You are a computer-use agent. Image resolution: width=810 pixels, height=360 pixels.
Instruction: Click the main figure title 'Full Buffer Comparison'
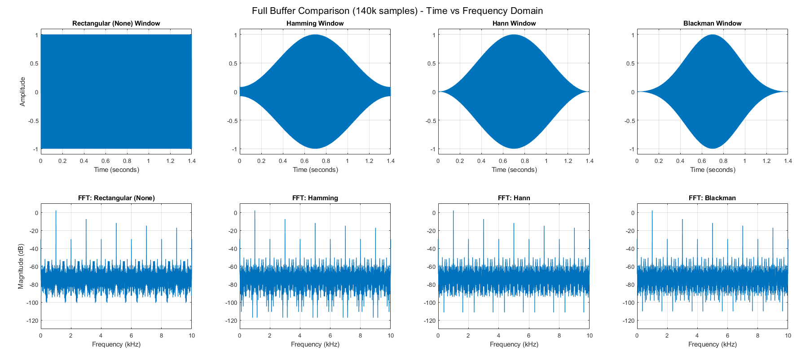coord(397,11)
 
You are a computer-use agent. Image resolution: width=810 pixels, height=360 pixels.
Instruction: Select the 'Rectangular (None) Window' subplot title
coord(116,23)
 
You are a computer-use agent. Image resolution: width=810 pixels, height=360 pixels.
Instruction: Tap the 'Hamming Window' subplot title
coord(315,23)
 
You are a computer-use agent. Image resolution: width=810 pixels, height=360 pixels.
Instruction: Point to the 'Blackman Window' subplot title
coord(712,23)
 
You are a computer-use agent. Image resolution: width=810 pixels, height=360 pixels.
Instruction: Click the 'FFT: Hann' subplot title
coord(514,198)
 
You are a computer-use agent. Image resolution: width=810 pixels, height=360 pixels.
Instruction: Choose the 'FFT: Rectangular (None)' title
coord(116,198)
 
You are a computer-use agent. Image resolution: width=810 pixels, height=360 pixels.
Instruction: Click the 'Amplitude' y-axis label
coord(22,92)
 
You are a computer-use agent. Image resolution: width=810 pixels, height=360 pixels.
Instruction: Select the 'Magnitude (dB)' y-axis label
coord(21,266)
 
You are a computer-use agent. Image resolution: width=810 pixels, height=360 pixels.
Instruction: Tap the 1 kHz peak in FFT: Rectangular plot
coord(56,211)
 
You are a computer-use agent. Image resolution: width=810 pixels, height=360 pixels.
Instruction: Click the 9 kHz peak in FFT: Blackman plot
coord(773,229)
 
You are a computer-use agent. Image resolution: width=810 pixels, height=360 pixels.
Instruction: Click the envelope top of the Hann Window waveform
coord(514,35)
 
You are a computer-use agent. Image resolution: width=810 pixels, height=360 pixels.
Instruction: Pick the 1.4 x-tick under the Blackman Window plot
coord(788,161)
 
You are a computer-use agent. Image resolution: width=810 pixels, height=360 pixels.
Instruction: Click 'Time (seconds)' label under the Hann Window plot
coord(514,170)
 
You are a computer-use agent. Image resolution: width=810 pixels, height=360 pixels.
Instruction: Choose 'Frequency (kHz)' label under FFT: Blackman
coord(712,344)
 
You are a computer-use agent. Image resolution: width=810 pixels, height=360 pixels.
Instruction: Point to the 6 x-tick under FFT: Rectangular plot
coord(131,335)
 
